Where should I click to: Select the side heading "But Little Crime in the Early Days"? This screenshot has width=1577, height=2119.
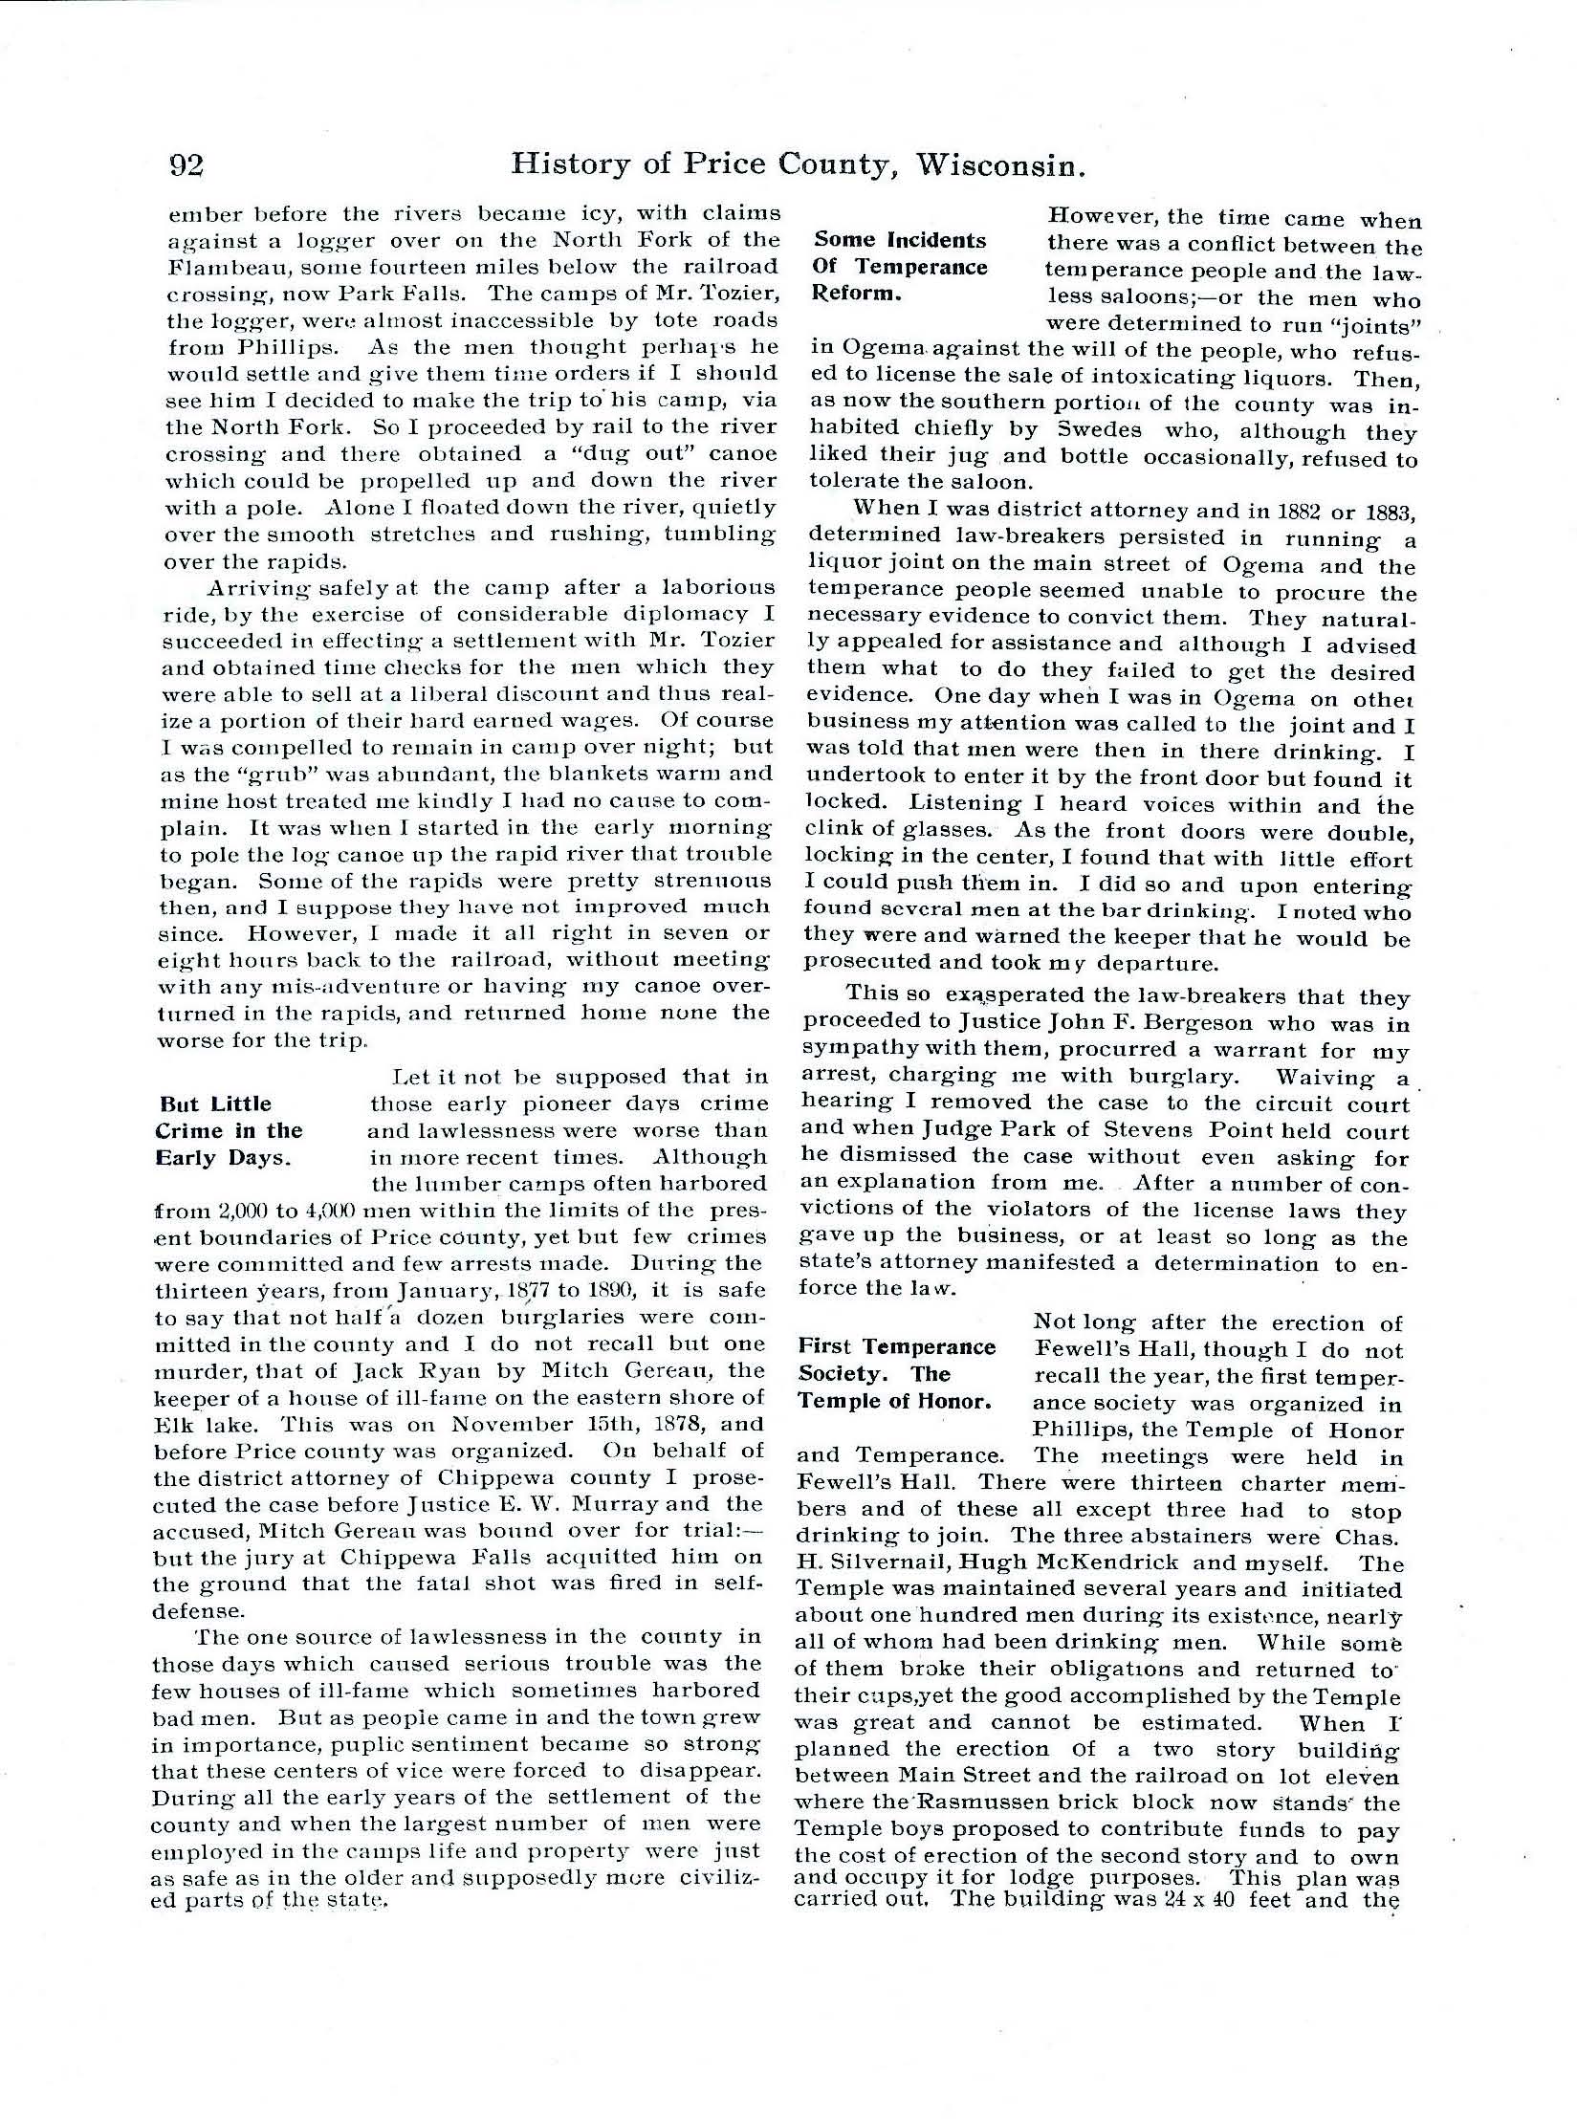229,1131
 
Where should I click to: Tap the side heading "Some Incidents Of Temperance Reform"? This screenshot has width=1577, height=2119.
900,267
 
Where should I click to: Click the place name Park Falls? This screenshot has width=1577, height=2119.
421,294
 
